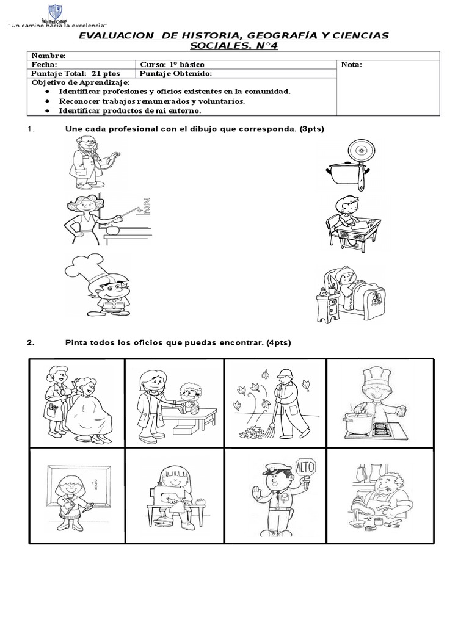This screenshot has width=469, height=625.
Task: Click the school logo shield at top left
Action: tap(55, 12)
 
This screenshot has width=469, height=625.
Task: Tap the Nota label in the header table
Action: tap(352, 64)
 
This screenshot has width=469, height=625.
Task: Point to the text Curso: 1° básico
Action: tap(173, 64)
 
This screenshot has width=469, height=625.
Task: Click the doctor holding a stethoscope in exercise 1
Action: tap(91, 162)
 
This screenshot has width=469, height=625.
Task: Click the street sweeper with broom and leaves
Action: tap(275, 403)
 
